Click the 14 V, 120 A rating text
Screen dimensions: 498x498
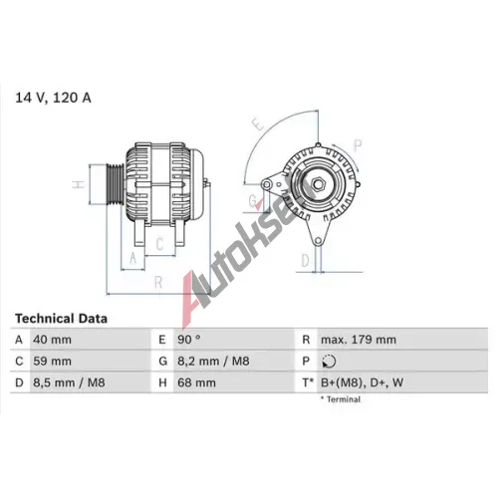pos(53,98)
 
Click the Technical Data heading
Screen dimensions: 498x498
pos(61,319)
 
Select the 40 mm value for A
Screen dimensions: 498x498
pos(52,340)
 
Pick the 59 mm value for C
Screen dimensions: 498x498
pos(52,361)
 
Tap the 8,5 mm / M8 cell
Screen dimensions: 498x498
pos(69,382)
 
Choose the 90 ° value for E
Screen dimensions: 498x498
pos(189,340)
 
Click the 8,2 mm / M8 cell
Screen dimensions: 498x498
pos(213,361)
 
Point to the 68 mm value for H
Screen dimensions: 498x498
pos(196,382)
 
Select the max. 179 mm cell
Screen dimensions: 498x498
pos(359,340)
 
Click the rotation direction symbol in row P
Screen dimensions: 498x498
pos(329,362)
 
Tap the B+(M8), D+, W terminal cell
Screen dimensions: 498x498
pos(362,382)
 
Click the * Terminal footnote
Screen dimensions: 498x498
pos(341,399)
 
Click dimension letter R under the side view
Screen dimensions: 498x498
pos(158,283)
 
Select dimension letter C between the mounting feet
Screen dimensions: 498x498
pos(159,244)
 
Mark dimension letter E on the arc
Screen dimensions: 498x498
pos(258,124)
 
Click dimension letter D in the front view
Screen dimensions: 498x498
pos(305,261)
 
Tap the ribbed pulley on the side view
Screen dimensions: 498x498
pos(115,184)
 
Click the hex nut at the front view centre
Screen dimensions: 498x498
pos(318,184)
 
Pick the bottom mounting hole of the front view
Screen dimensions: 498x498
pos(318,241)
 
